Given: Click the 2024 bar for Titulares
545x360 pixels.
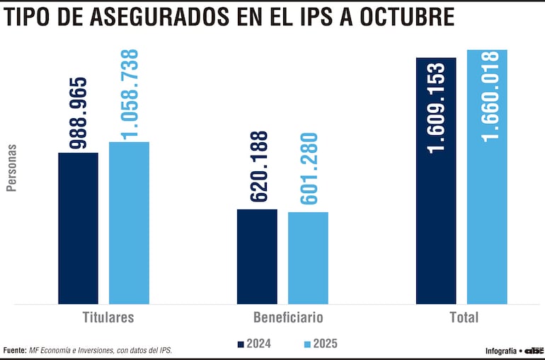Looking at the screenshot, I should [x=78, y=228].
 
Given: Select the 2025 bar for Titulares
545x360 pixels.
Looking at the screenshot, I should [x=129, y=223].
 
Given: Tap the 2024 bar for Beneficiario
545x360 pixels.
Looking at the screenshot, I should [x=257, y=256].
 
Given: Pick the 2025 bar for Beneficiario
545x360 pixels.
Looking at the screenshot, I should [x=308, y=257].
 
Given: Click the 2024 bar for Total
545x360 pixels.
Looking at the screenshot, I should [x=436, y=180].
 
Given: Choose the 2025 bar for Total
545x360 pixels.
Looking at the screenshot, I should [x=487, y=177].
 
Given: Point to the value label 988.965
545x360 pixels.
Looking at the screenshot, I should [x=78, y=114].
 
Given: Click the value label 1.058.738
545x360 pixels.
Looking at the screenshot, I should [x=130, y=95].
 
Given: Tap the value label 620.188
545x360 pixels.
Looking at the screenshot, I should [x=259, y=168].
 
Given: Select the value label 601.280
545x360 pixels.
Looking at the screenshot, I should [x=309, y=169].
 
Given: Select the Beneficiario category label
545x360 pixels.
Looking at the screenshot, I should [x=288, y=317].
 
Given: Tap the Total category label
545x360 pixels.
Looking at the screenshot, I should [x=464, y=317].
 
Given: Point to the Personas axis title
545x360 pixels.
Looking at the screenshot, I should [x=11, y=168].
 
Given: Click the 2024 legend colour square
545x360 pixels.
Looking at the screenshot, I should [x=241, y=344].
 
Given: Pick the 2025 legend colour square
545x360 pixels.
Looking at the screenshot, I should [x=307, y=344].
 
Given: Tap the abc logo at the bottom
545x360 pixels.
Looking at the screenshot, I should [x=534, y=351].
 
